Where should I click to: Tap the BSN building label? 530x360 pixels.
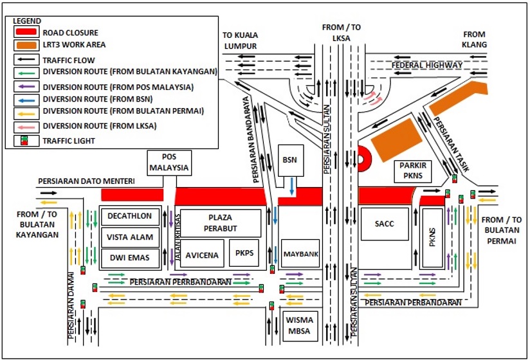click(289, 160)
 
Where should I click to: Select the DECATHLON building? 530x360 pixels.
click(130, 216)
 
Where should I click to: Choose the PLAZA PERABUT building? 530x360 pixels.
click(220, 222)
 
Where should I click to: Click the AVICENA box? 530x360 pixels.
click(203, 255)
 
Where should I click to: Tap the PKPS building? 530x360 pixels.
click(244, 253)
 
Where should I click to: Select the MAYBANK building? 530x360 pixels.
click(300, 254)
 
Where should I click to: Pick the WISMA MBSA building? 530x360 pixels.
click(300, 325)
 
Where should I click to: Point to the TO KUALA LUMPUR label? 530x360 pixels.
click(239, 41)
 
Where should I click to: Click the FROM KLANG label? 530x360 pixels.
click(475, 40)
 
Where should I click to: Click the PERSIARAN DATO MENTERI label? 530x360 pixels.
click(86, 182)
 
